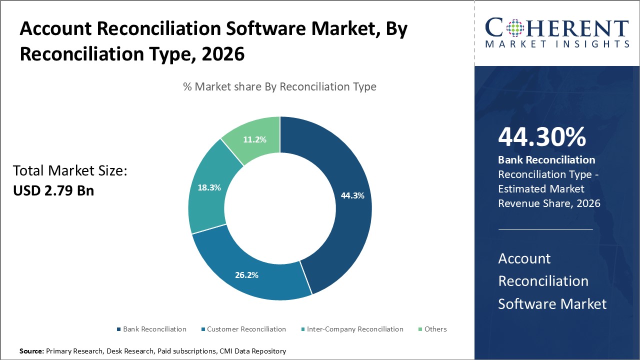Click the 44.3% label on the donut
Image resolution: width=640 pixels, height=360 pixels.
[x=352, y=195]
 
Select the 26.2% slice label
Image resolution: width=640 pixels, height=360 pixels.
[x=246, y=274]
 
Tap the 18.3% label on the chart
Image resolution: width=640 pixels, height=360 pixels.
[x=209, y=187]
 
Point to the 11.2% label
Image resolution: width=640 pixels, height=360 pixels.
[x=254, y=139]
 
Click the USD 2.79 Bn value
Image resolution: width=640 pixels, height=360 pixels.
[x=53, y=190]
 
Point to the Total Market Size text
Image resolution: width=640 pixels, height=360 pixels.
[x=70, y=171]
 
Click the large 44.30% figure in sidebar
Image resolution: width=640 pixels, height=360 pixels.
[x=542, y=137]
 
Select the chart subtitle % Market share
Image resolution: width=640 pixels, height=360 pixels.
[x=279, y=86]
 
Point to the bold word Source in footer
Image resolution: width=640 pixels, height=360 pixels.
[x=31, y=351]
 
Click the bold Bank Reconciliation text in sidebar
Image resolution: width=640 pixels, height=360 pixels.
[x=546, y=160]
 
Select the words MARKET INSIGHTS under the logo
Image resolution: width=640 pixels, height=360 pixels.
[x=556, y=44]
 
